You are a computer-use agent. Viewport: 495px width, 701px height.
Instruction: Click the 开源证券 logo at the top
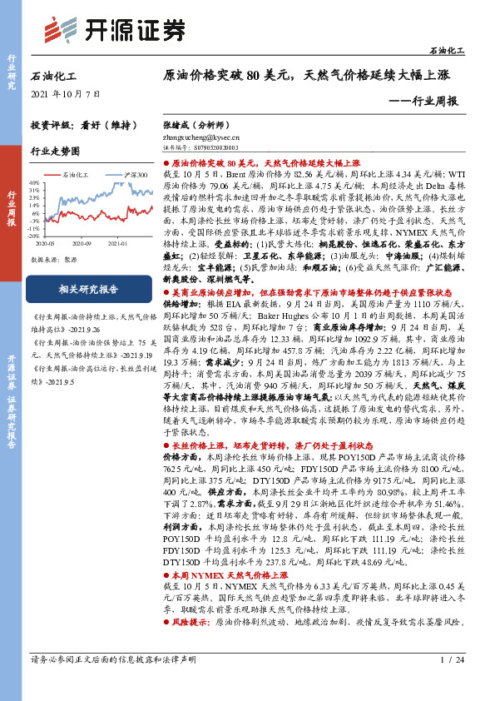pyautogui.click(x=113, y=30)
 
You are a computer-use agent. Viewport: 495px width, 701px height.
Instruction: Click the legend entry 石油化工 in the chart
pyautogui.click(x=75, y=175)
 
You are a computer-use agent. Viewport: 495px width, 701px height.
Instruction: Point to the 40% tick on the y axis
pyautogui.click(x=35, y=181)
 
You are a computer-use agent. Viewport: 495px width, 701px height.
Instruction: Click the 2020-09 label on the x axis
pyautogui.click(x=82, y=242)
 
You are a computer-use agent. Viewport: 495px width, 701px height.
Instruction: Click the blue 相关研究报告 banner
pyautogui.click(x=79, y=290)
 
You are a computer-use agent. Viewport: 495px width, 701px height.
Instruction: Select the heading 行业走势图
pyautogui.click(x=55, y=152)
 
